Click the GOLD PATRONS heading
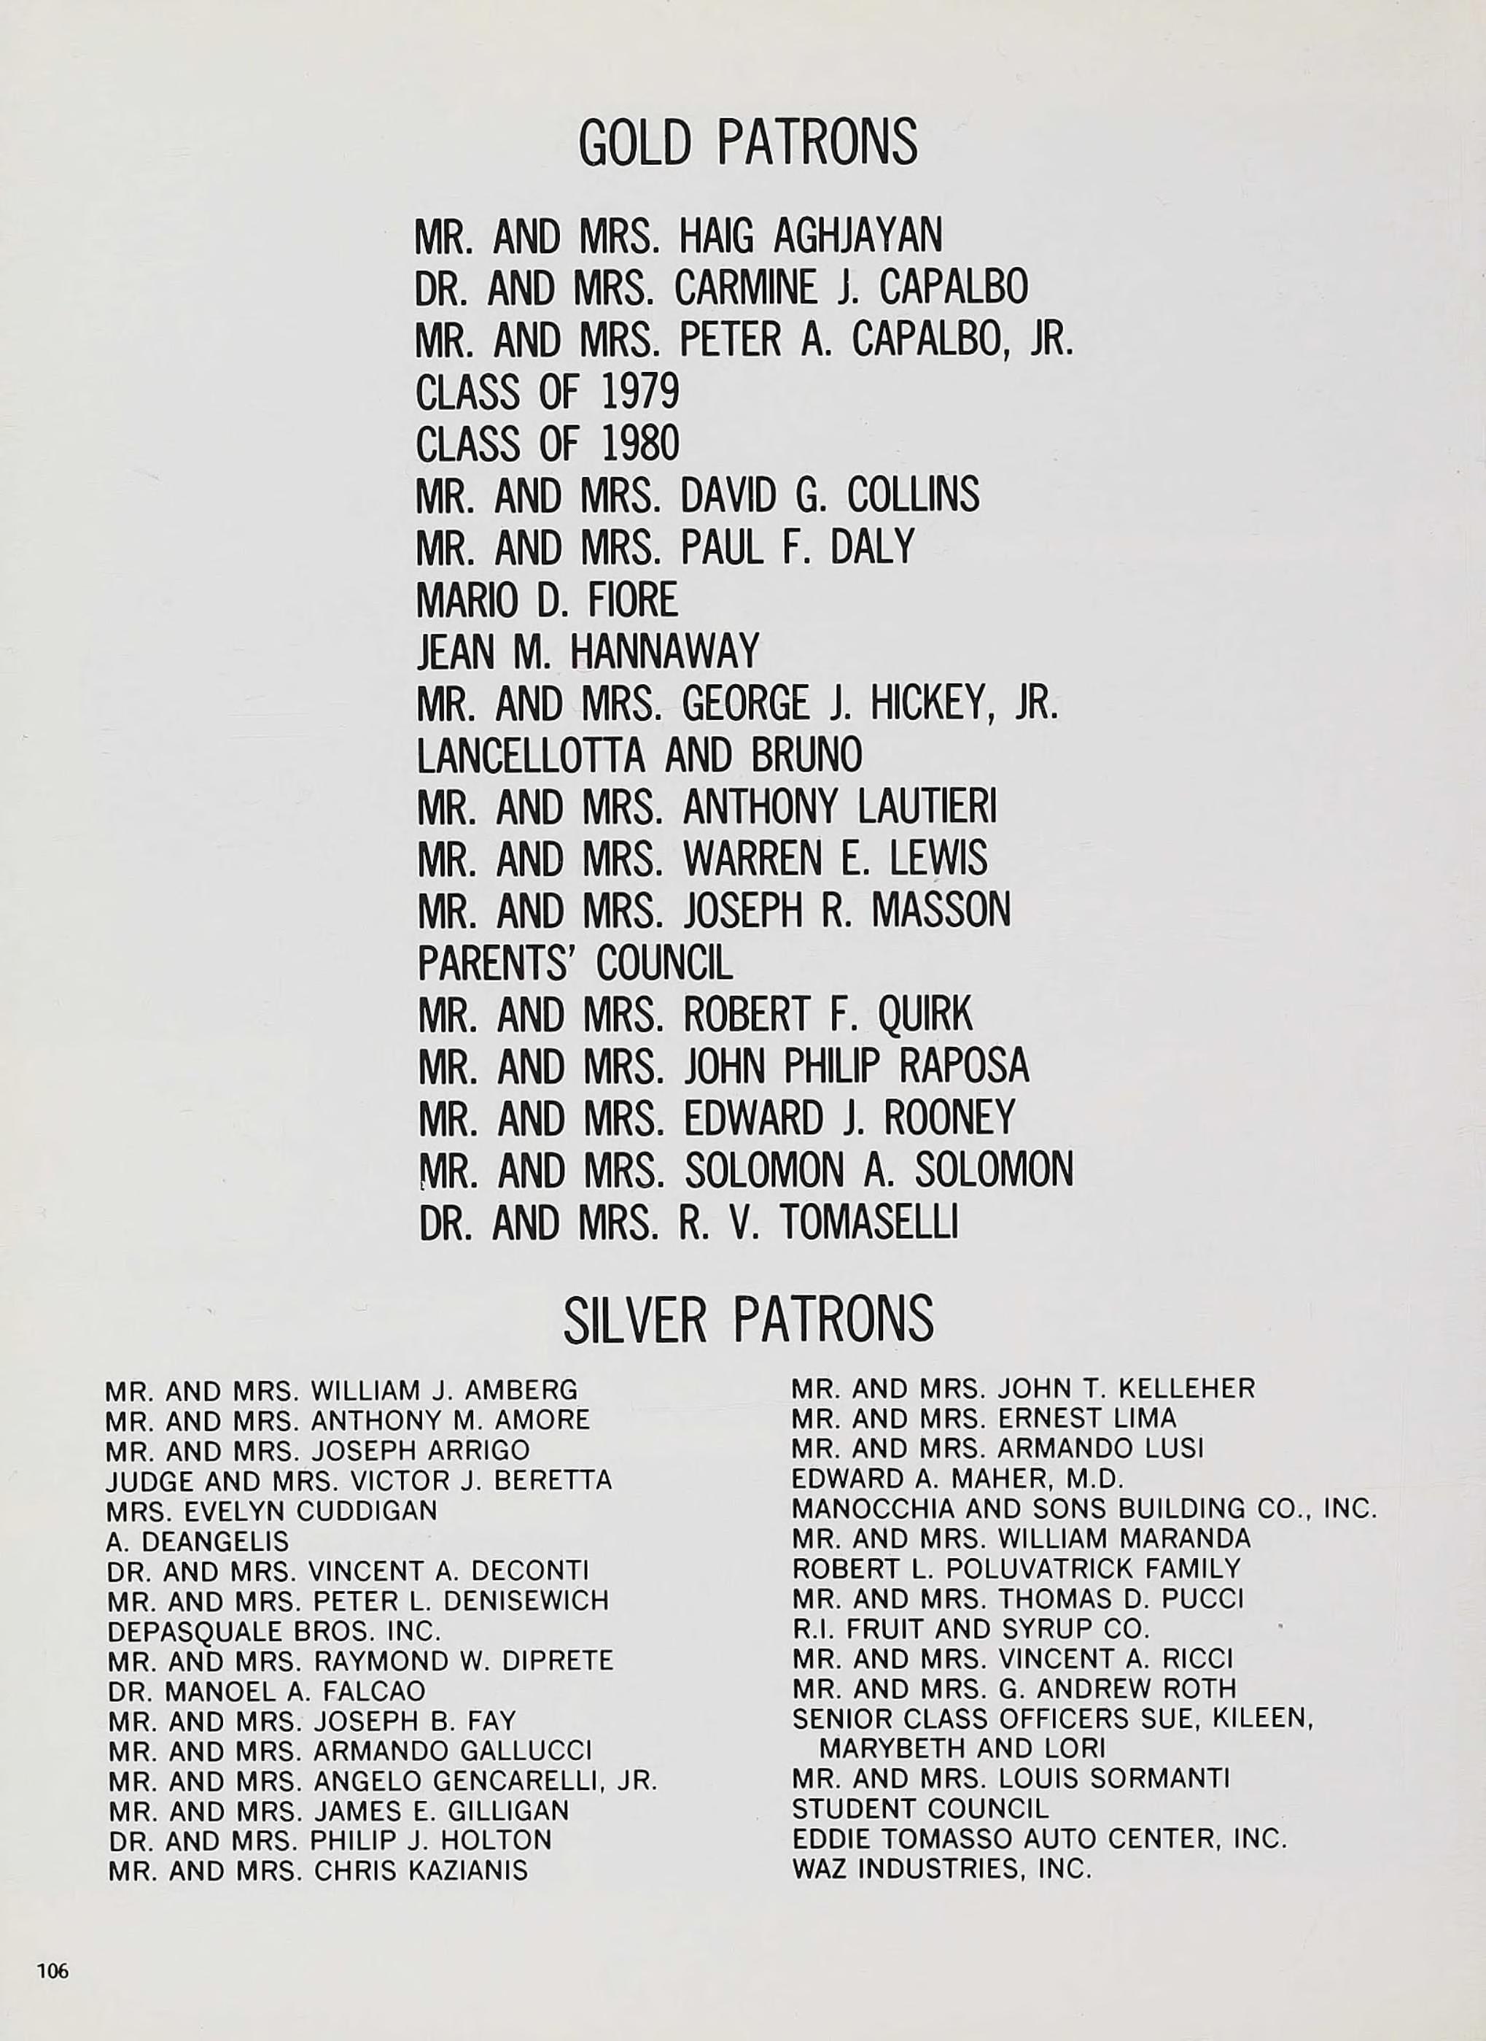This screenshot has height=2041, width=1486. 747,142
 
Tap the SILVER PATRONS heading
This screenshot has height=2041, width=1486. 747,1320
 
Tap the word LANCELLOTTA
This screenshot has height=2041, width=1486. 531,755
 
